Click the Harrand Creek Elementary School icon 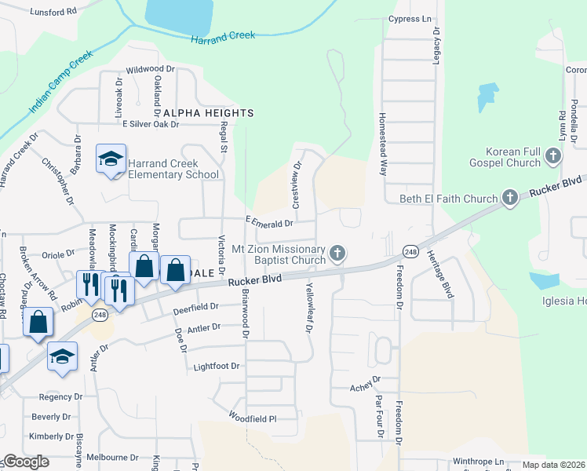111,159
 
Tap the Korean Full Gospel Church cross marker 553,155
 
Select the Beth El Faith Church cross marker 509,198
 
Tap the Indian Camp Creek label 60,82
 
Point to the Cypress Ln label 410,18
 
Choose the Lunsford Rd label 53,12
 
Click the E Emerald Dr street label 268,223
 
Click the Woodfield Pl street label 253,418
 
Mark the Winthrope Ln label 478,461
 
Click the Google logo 26,462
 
